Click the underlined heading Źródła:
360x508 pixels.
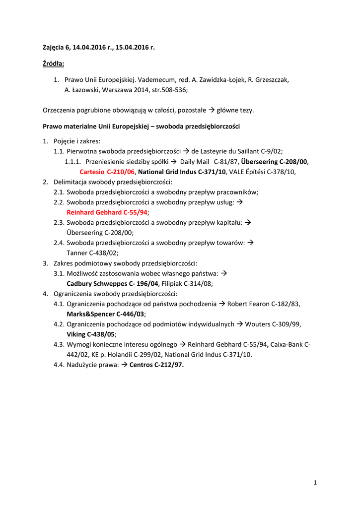point(54,63)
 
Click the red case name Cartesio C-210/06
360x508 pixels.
point(107,172)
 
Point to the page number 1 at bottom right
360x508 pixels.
point(315,482)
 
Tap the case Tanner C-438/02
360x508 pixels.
point(92,253)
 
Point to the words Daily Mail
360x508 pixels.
point(195,162)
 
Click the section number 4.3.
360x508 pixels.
point(59,344)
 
